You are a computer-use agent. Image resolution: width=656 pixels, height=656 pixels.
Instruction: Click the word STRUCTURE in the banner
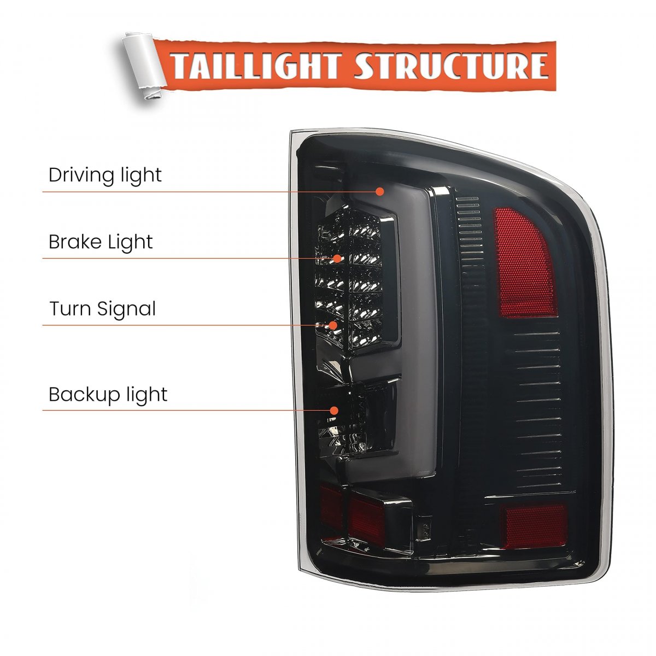[x=452, y=65]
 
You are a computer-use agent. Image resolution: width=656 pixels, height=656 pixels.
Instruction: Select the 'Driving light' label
[x=105, y=175]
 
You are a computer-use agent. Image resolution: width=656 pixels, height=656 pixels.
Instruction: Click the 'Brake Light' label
[x=101, y=242]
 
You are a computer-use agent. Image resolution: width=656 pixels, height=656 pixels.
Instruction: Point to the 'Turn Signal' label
[x=102, y=309]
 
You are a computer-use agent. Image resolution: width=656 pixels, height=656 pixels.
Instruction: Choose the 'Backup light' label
[x=108, y=395]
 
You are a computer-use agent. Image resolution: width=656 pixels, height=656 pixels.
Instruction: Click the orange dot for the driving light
[x=380, y=192]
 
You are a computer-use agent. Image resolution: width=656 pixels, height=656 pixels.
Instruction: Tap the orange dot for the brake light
[x=337, y=259]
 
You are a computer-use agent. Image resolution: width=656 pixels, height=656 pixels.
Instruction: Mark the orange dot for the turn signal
[x=333, y=325]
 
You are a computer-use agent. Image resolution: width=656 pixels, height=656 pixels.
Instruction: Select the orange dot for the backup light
[x=334, y=411]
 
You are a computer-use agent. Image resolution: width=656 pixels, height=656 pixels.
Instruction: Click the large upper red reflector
[x=524, y=263]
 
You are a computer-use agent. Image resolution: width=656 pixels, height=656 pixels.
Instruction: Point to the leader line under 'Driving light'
[x=209, y=192]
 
